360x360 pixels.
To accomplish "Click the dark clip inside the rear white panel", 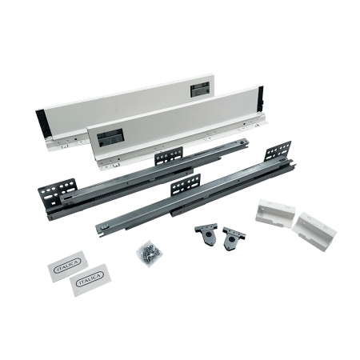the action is coord(199,89).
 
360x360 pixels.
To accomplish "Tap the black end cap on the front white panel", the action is coord(261,97).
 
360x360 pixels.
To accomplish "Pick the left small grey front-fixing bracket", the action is coord(206,234).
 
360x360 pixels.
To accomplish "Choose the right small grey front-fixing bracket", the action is coord(233,238).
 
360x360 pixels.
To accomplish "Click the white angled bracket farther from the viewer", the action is coord(275,214).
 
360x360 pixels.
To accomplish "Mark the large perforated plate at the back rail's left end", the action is coord(56,194).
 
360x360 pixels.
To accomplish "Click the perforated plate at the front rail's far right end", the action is coord(278,151).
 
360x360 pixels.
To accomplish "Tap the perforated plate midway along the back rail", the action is coord(169,156).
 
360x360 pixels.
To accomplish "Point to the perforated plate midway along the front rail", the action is coord(186,185).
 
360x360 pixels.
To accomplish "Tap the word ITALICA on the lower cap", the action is coord(90,279).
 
